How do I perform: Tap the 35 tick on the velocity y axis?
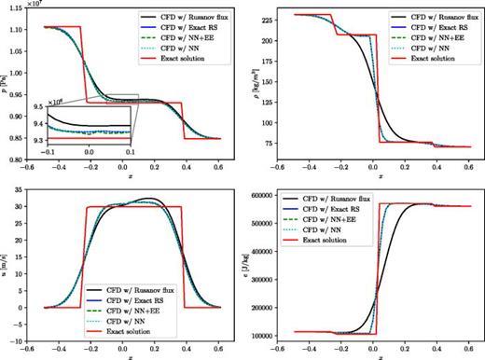[x=16, y=195]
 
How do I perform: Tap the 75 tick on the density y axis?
[x=260, y=143]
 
